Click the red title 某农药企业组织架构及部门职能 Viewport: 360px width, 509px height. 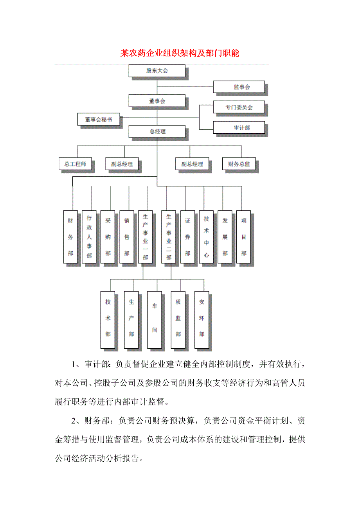point(180,53)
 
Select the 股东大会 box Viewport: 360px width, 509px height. point(157,71)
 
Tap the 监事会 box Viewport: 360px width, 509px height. point(239,87)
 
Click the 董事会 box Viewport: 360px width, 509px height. point(157,101)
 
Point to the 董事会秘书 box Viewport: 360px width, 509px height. point(98,120)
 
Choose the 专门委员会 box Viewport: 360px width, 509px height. point(239,107)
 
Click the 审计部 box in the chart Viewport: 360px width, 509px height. point(239,128)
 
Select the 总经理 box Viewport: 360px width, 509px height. point(157,131)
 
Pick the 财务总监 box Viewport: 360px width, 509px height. point(239,164)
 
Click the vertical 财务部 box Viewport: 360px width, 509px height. point(70,237)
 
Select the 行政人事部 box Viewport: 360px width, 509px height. point(89,237)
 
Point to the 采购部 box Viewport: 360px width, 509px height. point(108,237)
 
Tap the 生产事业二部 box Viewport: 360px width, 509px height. point(169,237)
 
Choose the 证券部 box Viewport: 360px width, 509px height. point(187,237)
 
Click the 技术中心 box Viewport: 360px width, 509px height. point(206,237)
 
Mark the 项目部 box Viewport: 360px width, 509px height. point(244,237)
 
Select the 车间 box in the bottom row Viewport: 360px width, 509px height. point(155,319)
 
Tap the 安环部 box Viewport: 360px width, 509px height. point(202,319)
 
